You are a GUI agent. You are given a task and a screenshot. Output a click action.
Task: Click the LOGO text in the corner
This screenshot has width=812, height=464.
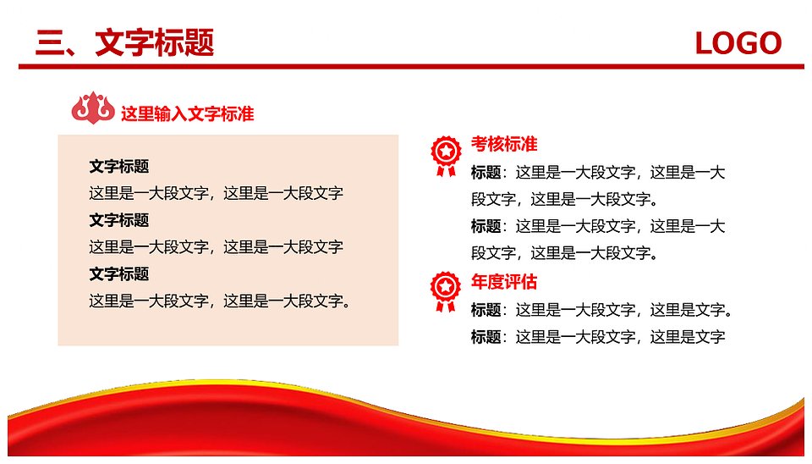point(738,43)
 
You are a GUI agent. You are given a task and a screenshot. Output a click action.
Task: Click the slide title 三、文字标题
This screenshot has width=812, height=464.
point(125,42)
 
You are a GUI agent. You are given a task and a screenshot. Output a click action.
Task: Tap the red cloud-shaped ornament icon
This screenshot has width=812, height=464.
point(93,108)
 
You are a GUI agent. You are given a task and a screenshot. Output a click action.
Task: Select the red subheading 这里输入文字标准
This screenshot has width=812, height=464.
point(188,113)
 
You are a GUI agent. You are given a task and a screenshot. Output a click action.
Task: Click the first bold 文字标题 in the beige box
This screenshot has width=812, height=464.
point(119,167)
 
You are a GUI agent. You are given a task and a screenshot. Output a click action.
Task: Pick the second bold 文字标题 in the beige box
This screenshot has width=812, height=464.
point(119,220)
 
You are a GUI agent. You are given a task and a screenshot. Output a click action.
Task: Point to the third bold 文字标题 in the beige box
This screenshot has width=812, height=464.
point(119,274)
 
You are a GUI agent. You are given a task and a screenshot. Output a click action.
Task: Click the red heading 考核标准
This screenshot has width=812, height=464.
point(504,144)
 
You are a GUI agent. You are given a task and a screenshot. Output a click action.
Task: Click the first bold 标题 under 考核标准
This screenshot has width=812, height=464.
point(486,172)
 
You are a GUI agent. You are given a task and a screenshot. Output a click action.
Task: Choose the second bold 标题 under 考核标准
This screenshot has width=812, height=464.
point(486,226)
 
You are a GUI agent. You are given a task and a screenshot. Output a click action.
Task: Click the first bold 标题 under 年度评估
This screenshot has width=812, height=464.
point(486,310)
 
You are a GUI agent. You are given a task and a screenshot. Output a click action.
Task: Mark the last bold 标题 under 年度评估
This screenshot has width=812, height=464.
point(486,337)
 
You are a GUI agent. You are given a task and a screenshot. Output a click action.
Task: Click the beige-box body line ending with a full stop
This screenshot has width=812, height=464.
point(221,301)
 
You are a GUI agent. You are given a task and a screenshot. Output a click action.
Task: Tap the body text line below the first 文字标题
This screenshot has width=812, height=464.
point(216,193)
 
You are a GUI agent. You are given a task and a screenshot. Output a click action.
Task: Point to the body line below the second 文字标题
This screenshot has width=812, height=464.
point(216,247)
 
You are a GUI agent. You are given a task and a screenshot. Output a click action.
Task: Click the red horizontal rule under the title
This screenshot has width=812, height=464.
point(411,66)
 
